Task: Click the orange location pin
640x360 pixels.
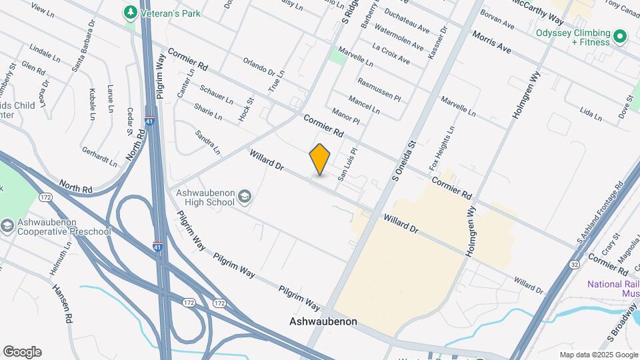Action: tap(320, 159)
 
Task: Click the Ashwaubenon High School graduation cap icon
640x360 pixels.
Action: tap(245, 196)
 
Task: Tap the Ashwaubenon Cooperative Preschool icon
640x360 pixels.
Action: tap(7, 226)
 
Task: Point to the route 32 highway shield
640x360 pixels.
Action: tap(575, 264)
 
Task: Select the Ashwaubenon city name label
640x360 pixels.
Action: tap(323, 321)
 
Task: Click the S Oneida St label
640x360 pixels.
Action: tap(405, 160)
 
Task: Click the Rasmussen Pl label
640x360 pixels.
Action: tap(379, 90)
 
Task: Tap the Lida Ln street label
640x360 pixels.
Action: tap(591, 113)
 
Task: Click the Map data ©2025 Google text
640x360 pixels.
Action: tap(599, 355)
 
